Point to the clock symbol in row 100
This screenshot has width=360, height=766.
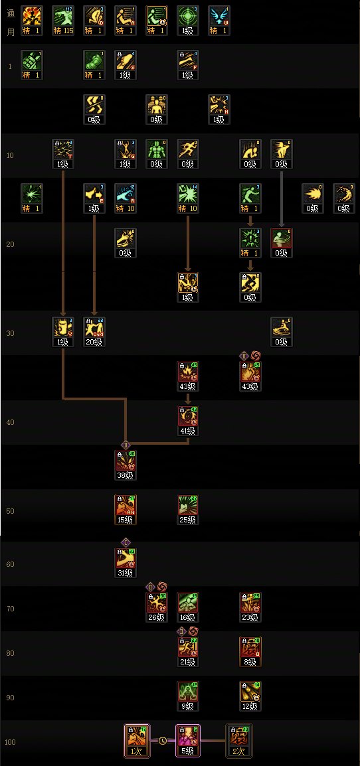(x=162, y=740)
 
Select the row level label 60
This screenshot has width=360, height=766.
(x=10, y=564)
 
